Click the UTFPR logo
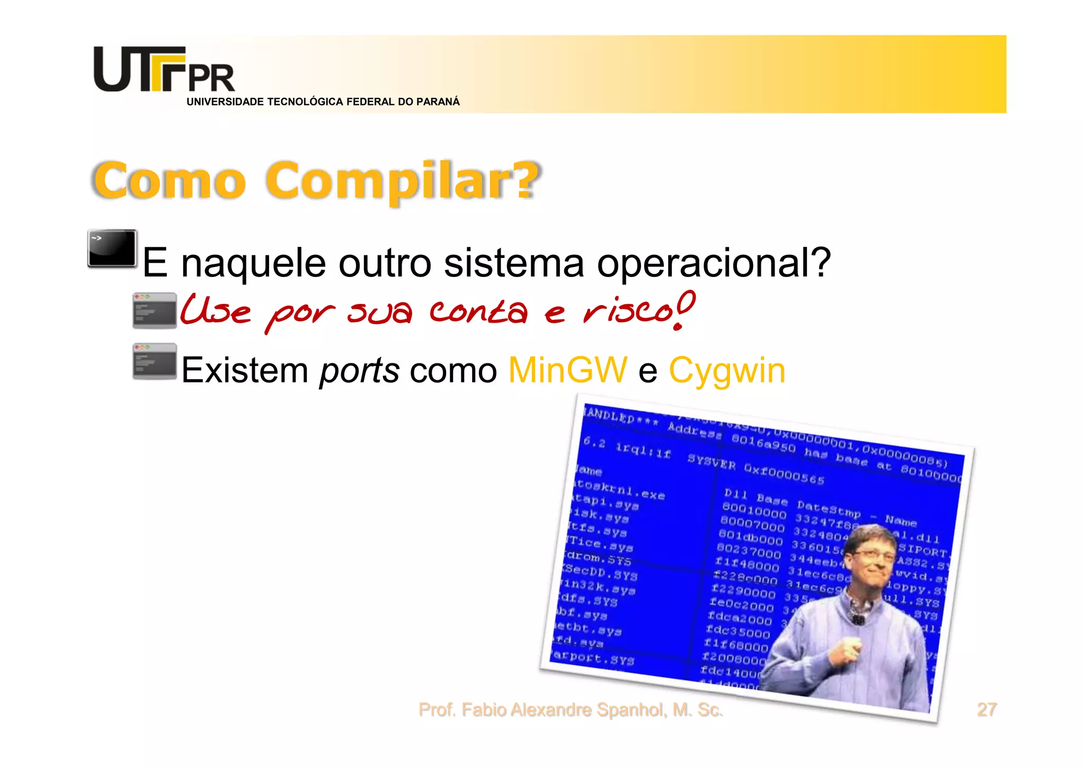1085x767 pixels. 164,69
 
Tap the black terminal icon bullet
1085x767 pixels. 112,248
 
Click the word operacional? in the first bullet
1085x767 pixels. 714,263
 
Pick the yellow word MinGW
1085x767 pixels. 567,370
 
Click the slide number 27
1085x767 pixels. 986,709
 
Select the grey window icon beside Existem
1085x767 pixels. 155,361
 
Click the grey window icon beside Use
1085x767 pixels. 155,310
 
